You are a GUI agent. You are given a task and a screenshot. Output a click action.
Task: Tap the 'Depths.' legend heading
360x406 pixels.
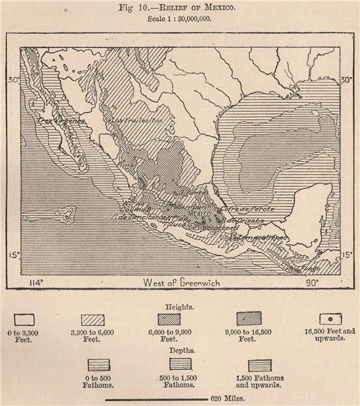pos(179,351)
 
